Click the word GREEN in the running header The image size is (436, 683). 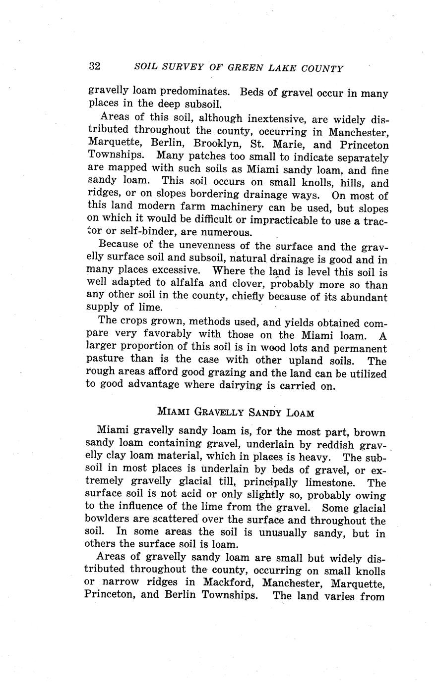pos(242,68)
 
